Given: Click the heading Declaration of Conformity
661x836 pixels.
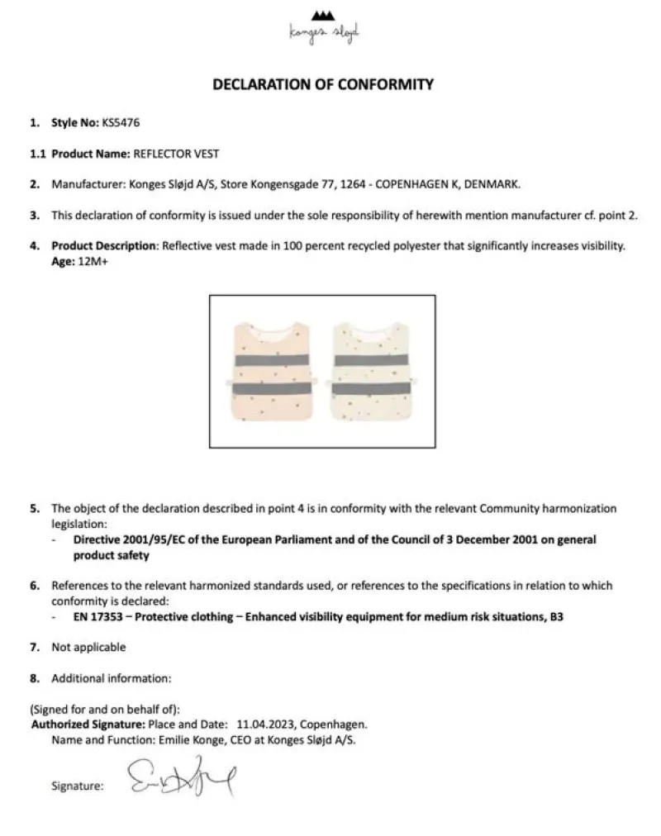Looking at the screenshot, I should click(x=323, y=83).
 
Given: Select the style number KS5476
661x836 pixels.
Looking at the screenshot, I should click(x=121, y=123).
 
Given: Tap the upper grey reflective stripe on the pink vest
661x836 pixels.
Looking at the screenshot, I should click(x=272, y=361).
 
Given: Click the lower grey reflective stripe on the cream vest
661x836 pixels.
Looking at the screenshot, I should click(x=373, y=387).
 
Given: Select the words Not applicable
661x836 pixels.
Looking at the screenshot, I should click(x=88, y=647).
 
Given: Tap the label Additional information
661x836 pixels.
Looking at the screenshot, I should click(x=111, y=678).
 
